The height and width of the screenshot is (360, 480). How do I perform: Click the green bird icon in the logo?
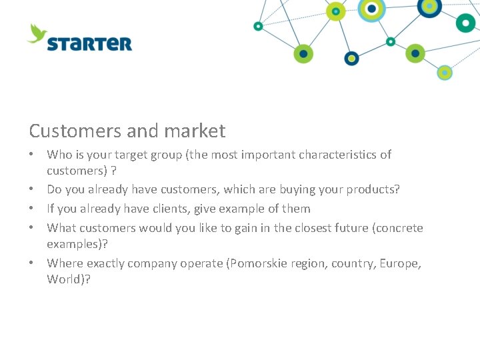tap(37, 33)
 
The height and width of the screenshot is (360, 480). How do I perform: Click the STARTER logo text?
tap(89, 44)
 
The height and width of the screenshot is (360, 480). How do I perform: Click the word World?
tap(64, 279)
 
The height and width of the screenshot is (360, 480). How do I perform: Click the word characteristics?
tap(338, 155)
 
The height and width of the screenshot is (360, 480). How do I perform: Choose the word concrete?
tap(399, 228)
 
